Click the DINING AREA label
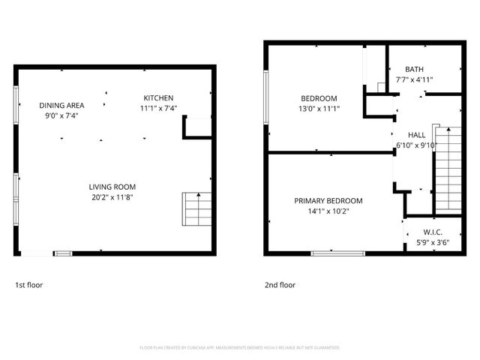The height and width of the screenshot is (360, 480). coord(61,106)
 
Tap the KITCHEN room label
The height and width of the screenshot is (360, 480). coord(158,98)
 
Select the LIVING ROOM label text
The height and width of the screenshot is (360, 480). coord(112,187)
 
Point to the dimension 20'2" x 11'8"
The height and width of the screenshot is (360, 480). coord(112,197)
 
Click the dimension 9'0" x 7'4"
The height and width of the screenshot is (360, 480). coord(61,116)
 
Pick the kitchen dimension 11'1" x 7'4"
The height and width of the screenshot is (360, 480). coord(158,109)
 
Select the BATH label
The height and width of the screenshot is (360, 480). coord(414,69)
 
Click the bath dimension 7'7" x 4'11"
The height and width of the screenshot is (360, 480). coord(414,79)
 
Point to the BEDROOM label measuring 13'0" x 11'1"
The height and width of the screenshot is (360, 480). coord(319,98)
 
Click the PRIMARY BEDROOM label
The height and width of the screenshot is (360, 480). coord(328,201)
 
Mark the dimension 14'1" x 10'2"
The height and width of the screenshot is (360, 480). coord(328,211)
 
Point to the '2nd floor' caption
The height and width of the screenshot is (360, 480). coord(280,285)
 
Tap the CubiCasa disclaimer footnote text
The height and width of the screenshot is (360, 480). coord(240,348)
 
